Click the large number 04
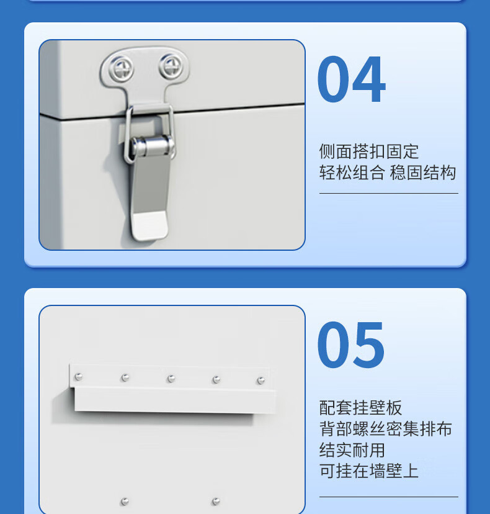[x=352, y=79]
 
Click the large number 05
[x=351, y=345]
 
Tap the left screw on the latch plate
[x=121, y=68]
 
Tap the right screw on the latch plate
[x=171, y=67]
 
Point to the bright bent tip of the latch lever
[x=149, y=225]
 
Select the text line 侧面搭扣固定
[x=369, y=151]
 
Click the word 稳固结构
[x=423, y=173]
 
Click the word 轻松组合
[x=352, y=173]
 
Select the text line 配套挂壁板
[x=360, y=408]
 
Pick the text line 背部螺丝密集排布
[x=386, y=429]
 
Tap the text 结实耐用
[x=352, y=450]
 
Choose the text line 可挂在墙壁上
[x=369, y=471]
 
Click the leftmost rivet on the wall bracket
[x=79, y=377]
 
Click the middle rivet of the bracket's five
[x=171, y=379]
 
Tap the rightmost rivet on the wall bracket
[x=261, y=381]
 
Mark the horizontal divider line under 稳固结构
[x=389, y=194]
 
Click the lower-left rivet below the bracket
[x=125, y=501]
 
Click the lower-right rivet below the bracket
[x=216, y=501]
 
